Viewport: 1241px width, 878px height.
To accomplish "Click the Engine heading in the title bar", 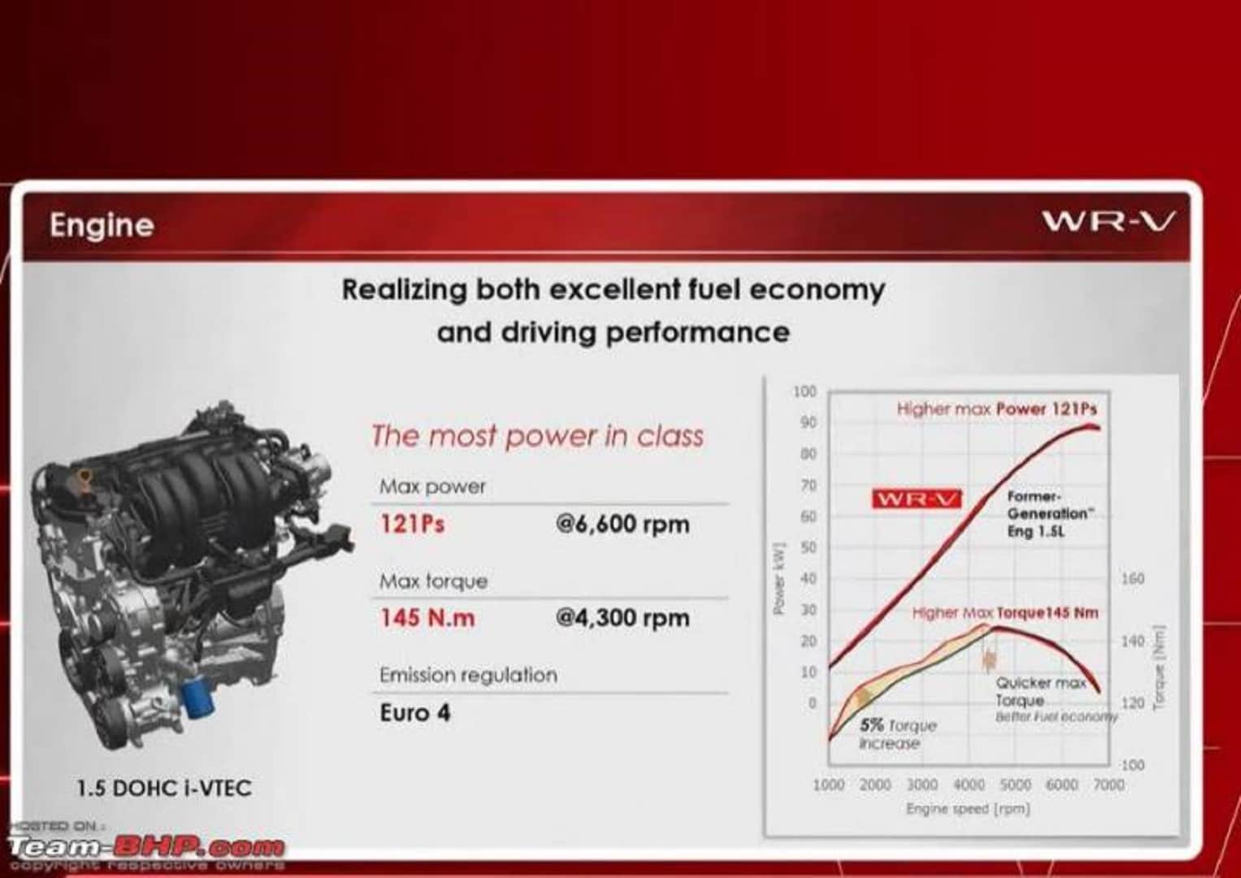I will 102,225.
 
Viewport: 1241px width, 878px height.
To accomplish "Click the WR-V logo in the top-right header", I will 1108,221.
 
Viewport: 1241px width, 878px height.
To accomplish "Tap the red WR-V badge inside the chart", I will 916,498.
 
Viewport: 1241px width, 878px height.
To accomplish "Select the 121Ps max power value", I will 412,524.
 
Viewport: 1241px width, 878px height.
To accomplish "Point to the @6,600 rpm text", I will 623,524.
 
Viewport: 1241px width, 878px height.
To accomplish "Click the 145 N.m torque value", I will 427,618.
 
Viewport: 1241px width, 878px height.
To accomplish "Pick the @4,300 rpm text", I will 623,618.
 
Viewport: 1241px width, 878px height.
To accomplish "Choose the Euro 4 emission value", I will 414,713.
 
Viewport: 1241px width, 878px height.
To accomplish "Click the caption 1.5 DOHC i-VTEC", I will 164,788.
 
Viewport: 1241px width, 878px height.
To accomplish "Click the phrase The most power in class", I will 537,437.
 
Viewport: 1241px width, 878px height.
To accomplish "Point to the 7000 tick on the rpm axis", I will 1109,785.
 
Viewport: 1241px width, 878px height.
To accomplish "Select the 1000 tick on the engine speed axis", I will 828,785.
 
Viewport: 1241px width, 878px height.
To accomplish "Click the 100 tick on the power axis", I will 805,392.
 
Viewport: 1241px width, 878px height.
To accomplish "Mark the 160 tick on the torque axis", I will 1132,579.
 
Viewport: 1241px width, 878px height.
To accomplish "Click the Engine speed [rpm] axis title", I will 968,809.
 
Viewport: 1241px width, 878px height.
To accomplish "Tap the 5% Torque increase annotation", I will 897,733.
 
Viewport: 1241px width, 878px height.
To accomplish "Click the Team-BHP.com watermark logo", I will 146,847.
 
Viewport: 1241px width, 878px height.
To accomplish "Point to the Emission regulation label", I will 468,675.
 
